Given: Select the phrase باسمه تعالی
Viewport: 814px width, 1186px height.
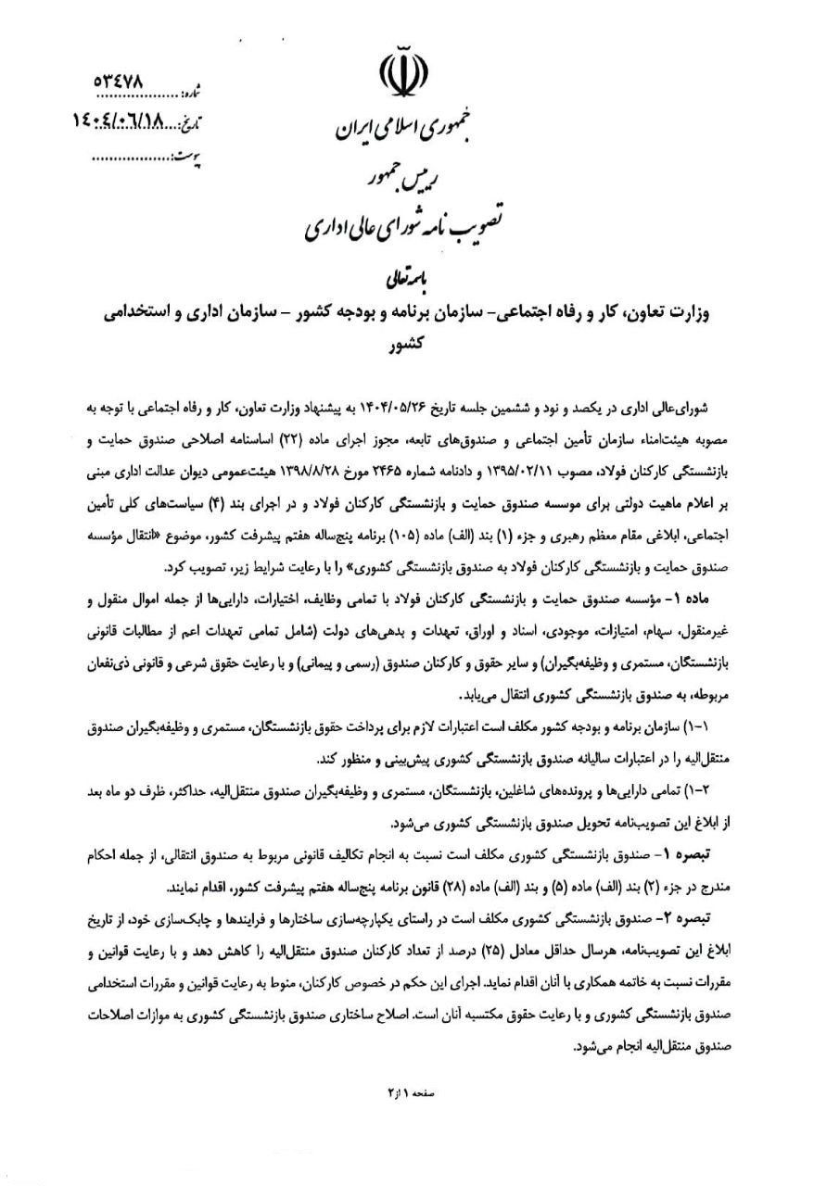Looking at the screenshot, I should click(x=406, y=275).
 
